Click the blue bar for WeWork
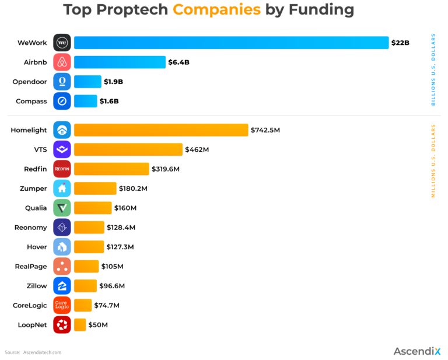click(x=231, y=43)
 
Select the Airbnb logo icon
click(x=62, y=62)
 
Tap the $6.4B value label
click(x=179, y=62)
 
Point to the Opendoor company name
click(x=29, y=82)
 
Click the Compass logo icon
click(x=62, y=101)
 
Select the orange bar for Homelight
click(x=161, y=130)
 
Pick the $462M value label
click(x=197, y=149)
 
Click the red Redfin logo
click(x=62, y=169)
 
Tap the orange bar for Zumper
click(x=95, y=188)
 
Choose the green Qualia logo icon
click(x=62, y=208)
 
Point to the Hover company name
click(x=37, y=247)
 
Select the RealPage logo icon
click(x=62, y=266)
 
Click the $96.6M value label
click(x=112, y=286)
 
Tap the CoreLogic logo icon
click(x=62, y=305)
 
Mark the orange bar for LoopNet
click(x=80, y=324)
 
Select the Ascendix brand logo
click(x=418, y=351)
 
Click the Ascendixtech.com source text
click(x=42, y=352)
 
